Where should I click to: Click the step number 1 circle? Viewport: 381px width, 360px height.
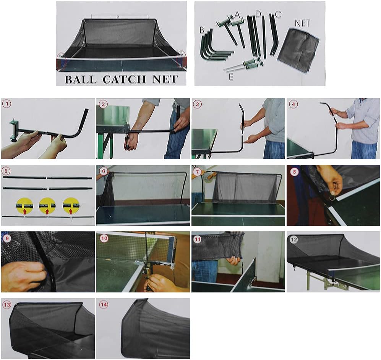point(6,104)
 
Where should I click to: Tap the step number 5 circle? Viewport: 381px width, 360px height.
point(6,170)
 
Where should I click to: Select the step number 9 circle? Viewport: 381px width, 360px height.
point(6,237)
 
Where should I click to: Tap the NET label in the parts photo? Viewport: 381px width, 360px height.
point(302,23)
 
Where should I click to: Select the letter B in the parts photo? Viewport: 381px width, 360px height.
point(202,29)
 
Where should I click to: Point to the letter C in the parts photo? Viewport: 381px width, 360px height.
point(278,15)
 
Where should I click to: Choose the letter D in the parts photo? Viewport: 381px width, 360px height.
point(258,14)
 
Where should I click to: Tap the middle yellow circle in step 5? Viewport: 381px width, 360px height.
point(47,206)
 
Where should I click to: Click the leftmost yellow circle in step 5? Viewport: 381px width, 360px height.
point(24,206)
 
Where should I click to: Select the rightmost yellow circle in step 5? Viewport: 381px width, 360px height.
point(71,206)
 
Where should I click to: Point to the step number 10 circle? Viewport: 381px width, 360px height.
point(102,237)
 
